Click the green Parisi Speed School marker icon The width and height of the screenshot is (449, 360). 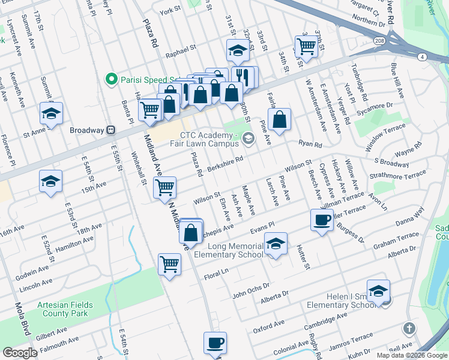pyautogui.click(x=110, y=79)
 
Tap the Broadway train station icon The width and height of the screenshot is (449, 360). pyautogui.click(x=110, y=130)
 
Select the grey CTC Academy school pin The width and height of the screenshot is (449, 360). pyautogui.click(x=250, y=139)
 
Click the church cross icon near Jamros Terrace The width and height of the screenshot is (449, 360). pyautogui.click(x=409, y=328)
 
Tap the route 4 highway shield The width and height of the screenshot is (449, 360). pyautogui.click(x=423, y=57)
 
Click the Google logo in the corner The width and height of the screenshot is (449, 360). pyautogui.click(x=20, y=353)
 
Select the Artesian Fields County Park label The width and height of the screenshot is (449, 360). pyautogui.click(x=62, y=309)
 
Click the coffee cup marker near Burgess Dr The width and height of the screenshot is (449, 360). pyautogui.click(x=322, y=220)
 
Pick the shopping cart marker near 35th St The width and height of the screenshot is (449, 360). pyautogui.click(x=306, y=46)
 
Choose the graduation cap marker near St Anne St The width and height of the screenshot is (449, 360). pyautogui.click(x=52, y=113)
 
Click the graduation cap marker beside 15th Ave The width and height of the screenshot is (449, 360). pyautogui.click(x=51, y=181)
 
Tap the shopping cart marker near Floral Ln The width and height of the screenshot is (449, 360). pyautogui.click(x=170, y=263)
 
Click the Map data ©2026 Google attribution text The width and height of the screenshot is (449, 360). pyautogui.click(x=412, y=355)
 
